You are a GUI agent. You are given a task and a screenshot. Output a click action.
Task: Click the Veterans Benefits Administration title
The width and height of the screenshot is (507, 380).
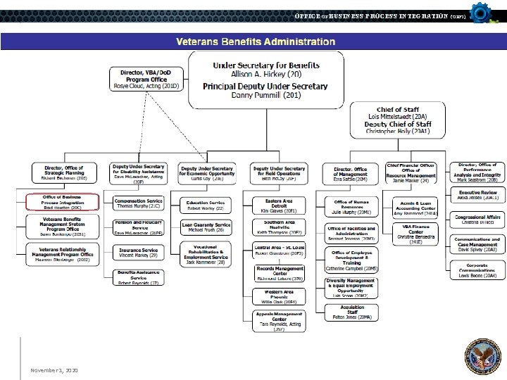[255, 42]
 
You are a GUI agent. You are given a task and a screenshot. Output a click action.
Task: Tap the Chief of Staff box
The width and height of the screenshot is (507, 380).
[399, 120]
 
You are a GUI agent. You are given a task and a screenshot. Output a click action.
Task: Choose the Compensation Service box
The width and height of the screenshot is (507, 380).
[139, 204]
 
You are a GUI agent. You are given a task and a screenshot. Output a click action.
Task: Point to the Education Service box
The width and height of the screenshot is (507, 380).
[206, 205]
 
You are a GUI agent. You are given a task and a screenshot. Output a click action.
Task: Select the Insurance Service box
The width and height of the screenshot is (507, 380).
[139, 253]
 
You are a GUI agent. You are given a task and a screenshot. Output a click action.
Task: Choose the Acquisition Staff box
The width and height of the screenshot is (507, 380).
[351, 312]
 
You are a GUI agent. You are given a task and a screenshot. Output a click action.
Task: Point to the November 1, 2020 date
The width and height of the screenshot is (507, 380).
[54, 370]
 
